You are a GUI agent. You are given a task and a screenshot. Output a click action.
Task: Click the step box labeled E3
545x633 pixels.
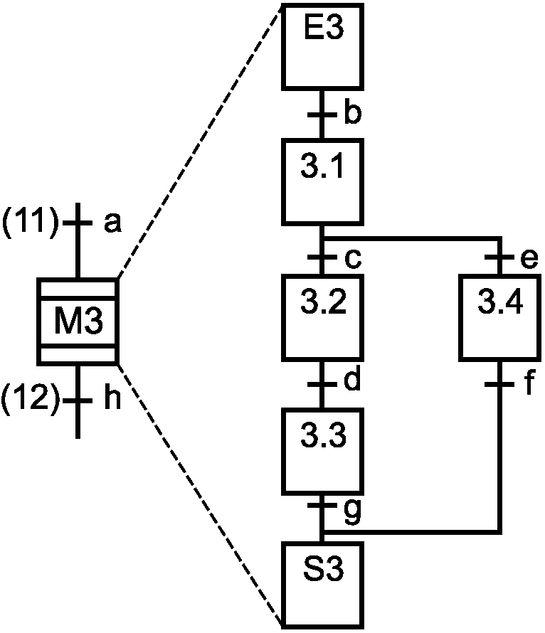pos(322,47)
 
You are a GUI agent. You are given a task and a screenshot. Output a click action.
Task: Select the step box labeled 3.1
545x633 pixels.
pos(322,181)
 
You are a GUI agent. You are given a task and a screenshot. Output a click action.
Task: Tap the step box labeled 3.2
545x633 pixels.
pos(322,317)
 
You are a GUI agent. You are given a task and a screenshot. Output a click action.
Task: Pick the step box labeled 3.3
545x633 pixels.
pos(322,452)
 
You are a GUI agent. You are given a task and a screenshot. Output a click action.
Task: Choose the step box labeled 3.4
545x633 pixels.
pos(499,317)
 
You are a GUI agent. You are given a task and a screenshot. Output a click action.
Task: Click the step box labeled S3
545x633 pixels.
pos(322,585)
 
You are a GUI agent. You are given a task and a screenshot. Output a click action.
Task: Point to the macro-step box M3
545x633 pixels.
pos(78,321)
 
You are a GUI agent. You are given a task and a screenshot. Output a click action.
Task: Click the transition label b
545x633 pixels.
pos(352,114)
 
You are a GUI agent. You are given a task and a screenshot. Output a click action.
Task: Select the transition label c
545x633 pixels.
pos(353,259)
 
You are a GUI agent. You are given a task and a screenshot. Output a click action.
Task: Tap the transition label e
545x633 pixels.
pos(529,259)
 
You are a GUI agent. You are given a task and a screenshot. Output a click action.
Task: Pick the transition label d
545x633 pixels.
pos(352,381)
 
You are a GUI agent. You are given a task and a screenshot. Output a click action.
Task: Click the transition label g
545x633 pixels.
pos(352,512)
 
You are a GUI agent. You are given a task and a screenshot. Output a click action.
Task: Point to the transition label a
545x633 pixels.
pos(112,223)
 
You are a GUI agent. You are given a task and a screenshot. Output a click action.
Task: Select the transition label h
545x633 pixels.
pos(112,398)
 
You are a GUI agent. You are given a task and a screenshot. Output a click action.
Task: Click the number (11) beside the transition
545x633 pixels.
pos(30,221)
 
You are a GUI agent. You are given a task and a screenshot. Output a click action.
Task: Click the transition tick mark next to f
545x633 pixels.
pos(499,384)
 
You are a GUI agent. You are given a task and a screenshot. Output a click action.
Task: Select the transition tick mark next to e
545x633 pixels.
pos(499,257)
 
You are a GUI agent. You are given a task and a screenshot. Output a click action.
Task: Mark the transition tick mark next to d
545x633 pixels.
pos(322,384)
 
